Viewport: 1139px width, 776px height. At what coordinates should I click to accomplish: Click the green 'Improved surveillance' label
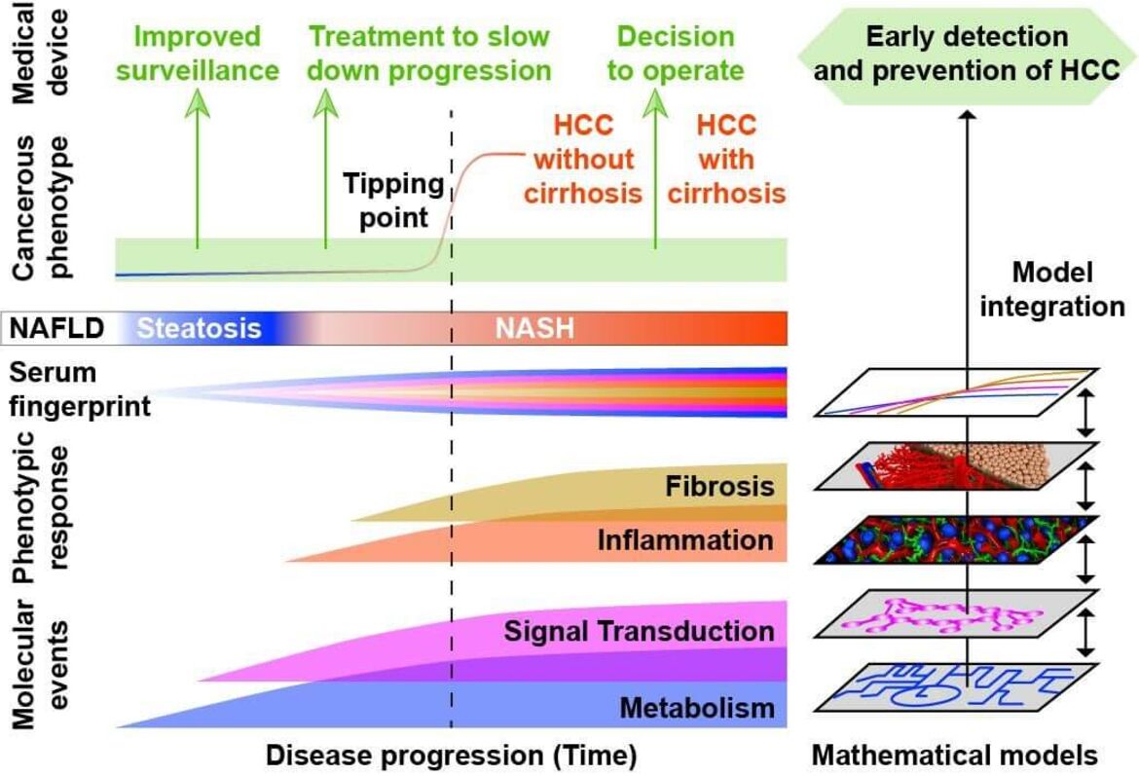pos(198,54)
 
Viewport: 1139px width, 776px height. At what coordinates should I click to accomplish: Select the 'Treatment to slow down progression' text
pos(429,54)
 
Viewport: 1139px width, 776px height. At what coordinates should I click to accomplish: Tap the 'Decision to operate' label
pos(676,54)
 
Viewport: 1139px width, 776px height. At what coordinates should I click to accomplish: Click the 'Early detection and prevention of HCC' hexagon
pos(967,55)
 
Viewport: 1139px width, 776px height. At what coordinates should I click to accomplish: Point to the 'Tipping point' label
pos(393,201)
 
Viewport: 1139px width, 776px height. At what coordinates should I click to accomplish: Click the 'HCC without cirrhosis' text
pos(583,159)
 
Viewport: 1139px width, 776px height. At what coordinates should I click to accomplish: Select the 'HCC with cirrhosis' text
pos(726,159)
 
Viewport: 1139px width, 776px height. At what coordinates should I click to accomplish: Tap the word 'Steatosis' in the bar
pos(199,328)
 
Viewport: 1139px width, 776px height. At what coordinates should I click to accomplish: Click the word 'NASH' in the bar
pos(534,328)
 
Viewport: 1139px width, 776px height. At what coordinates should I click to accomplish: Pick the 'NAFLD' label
pos(56,328)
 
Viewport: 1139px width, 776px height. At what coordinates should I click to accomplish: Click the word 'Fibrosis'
pos(719,486)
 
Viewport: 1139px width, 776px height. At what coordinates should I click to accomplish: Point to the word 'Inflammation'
pos(685,540)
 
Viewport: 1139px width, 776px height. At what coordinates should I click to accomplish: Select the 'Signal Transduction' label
pos(640,631)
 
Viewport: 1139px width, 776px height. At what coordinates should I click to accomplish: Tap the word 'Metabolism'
pos(697,708)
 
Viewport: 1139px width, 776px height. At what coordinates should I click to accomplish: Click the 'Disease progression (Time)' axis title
pos(451,756)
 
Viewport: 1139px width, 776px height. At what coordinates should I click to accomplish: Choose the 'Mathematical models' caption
pos(954,756)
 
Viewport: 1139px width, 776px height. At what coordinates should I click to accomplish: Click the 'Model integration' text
pos(1052,289)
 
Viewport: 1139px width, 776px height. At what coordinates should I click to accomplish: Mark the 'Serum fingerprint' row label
pos(80,388)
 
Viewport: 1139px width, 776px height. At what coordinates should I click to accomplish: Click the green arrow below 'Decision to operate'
pos(655,168)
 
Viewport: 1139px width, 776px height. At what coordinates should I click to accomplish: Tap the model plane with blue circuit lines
pos(956,686)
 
